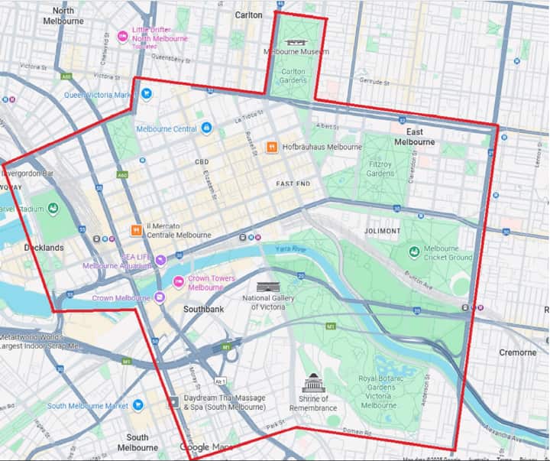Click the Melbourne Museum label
pos(296,52)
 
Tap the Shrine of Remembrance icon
pos(313,383)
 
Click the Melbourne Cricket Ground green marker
pos(414,252)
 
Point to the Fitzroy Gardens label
pos(380,168)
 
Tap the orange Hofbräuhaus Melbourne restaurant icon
pos(271,147)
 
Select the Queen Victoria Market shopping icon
pos(146,94)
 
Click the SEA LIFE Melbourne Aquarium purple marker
pos(160,261)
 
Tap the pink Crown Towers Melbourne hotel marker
pos(179,282)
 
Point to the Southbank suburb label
pos(203,310)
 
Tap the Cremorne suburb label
pos(518,352)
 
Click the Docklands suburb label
pos(43,248)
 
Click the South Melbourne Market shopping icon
pos(138,405)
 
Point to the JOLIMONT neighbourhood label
pos(382,230)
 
